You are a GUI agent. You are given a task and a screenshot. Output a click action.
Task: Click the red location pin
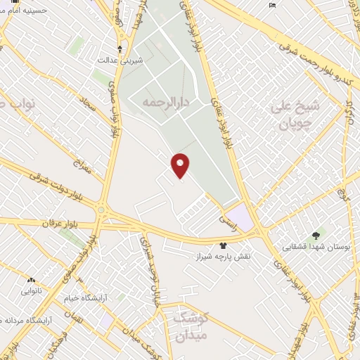point(181,165)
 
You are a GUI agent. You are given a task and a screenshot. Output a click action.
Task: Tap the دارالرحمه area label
point(167,103)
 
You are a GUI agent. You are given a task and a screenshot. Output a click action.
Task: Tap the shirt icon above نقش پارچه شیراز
point(224,245)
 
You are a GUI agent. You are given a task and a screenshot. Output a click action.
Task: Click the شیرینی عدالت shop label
point(120,60)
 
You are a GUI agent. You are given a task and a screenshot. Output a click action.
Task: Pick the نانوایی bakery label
point(32,290)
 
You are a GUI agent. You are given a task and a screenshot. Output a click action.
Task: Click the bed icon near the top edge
point(272,6)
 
